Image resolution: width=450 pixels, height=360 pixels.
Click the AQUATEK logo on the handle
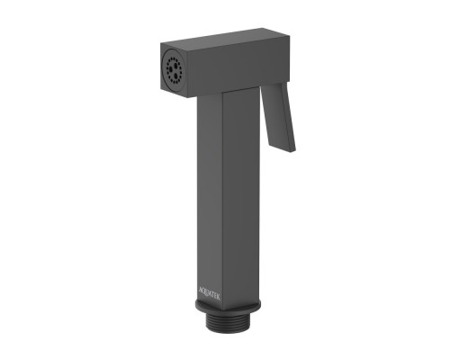[x=210, y=292]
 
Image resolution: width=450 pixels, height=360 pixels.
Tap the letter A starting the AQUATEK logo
[x=201, y=287]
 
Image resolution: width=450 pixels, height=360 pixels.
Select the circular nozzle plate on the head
[x=172, y=70]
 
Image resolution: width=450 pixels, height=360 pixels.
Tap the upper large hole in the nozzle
[x=174, y=64]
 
